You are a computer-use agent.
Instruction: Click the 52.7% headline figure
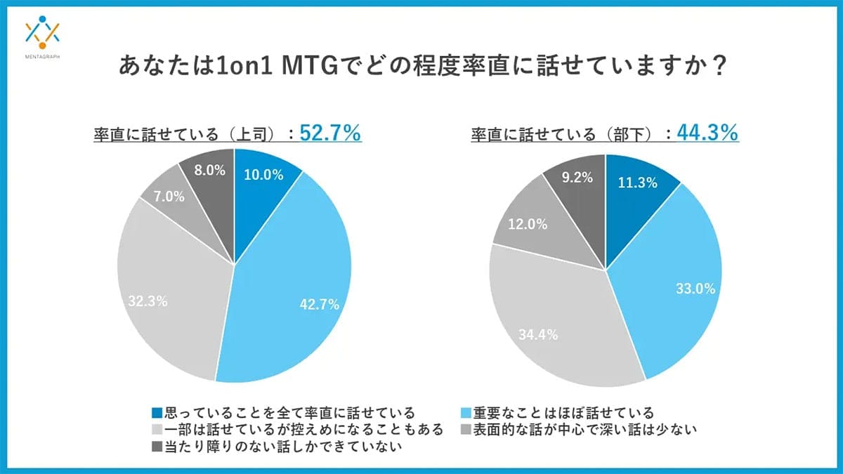click(x=330, y=133)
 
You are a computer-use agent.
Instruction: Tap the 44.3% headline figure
click(x=707, y=132)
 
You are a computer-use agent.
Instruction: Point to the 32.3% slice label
click(x=147, y=301)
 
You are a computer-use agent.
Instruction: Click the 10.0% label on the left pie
click(x=263, y=176)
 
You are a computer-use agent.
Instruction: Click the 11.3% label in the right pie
click(x=638, y=183)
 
